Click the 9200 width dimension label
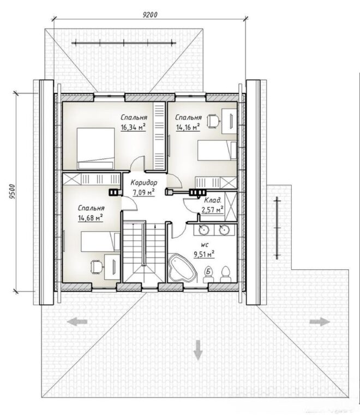150,15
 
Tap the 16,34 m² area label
134,128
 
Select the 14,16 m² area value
188,127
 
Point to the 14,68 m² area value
91,218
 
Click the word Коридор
144,182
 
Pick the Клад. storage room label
213,200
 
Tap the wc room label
205,245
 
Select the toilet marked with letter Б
209,274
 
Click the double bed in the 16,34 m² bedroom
95,149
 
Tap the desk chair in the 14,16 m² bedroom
213,121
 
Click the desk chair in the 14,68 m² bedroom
97,266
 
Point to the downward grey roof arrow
197,350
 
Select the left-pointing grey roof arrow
77,322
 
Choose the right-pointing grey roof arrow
320,322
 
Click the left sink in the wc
204,229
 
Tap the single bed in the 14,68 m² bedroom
100,242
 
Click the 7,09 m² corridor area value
144,192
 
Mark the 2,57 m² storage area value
213,210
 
